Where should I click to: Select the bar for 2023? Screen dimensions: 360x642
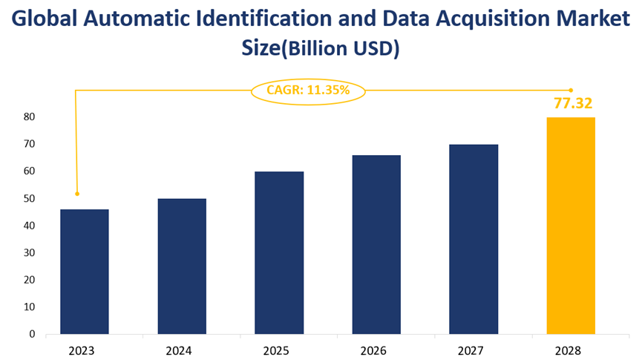tap(84, 272)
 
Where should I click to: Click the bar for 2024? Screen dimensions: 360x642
tap(182, 266)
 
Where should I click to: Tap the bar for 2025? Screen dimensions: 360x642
tap(279, 252)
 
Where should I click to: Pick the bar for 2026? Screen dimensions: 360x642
tap(376, 244)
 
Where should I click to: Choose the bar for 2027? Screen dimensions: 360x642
tap(474, 239)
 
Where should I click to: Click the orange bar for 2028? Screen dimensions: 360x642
tap(571, 226)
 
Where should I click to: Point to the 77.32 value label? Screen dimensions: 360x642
tap(572, 103)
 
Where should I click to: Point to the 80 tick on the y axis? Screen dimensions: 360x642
tap(29, 117)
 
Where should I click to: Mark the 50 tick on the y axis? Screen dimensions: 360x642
tap(29, 199)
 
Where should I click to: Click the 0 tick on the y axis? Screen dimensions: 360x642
tap(33, 335)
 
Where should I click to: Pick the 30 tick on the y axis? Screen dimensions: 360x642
tap(29, 253)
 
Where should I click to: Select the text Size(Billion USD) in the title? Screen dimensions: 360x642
tap(321, 49)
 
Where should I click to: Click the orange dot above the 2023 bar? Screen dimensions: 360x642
tap(76, 194)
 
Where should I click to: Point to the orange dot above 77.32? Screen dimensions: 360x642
tap(571, 91)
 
